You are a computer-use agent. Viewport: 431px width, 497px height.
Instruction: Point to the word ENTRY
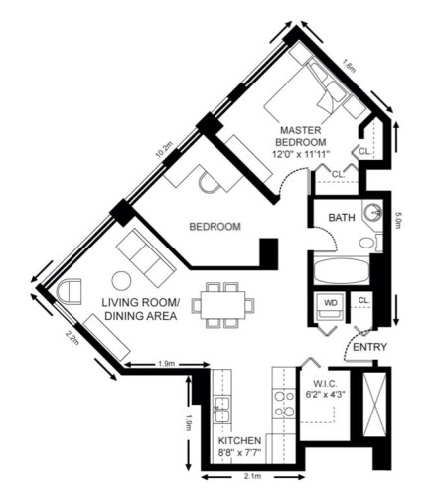(x=369, y=346)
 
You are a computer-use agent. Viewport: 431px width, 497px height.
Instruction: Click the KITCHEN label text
(x=239, y=439)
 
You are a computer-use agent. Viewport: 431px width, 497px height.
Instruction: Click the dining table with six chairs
(x=222, y=305)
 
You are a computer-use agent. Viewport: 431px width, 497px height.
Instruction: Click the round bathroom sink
(x=371, y=212)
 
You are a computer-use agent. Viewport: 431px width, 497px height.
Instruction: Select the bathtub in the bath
(x=340, y=270)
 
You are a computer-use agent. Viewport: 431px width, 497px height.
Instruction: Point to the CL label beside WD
(x=363, y=299)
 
